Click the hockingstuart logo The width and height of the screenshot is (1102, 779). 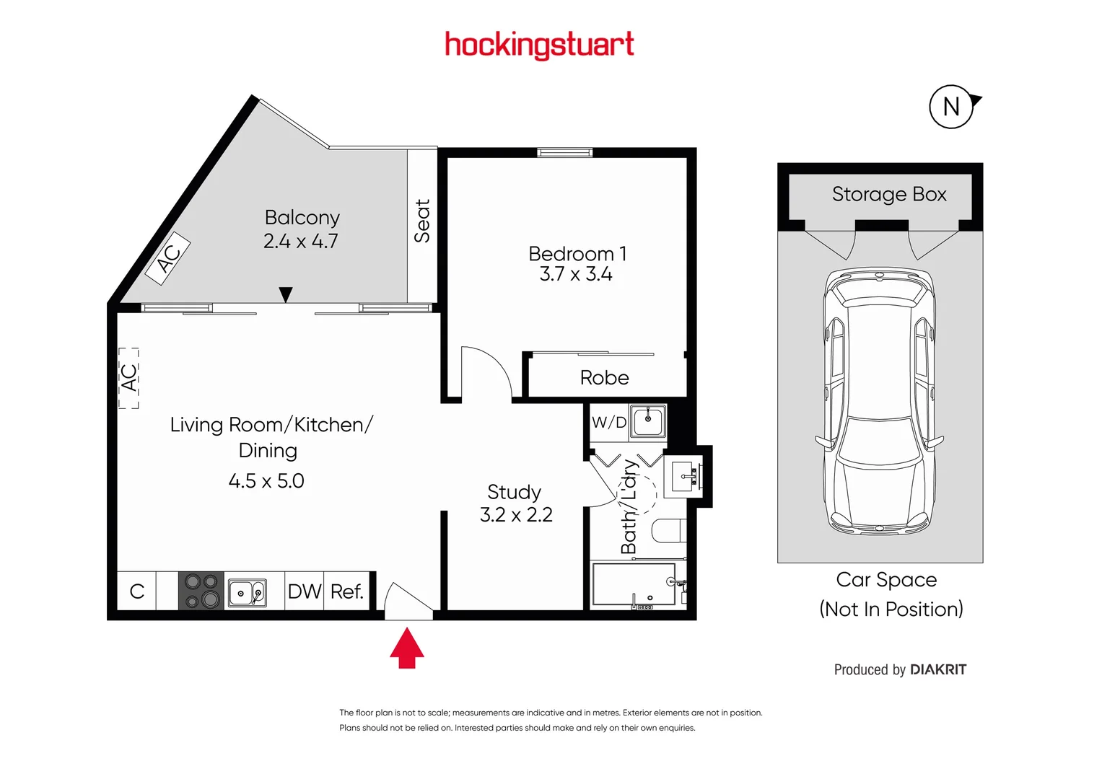click(540, 45)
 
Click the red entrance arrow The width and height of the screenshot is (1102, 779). click(407, 648)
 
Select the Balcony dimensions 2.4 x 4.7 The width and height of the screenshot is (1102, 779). click(301, 241)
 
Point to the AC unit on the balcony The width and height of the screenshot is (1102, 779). click(168, 258)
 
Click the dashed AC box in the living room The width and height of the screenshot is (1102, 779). click(128, 378)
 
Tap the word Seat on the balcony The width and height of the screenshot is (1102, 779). click(422, 221)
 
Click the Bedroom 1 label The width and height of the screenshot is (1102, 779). click(577, 254)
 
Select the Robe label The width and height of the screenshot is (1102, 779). click(604, 378)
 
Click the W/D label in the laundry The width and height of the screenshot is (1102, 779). click(609, 422)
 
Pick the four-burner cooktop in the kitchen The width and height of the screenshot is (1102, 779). click(201, 591)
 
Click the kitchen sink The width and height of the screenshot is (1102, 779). click(248, 593)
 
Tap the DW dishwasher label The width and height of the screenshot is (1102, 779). click(305, 591)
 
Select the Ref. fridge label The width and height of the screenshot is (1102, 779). click(347, 591)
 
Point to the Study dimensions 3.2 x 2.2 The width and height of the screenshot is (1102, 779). click(516, 514)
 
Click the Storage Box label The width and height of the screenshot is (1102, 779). click(889, 194)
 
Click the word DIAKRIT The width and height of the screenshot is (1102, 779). click(938, 669)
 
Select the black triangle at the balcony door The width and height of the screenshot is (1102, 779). click(285, 294)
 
